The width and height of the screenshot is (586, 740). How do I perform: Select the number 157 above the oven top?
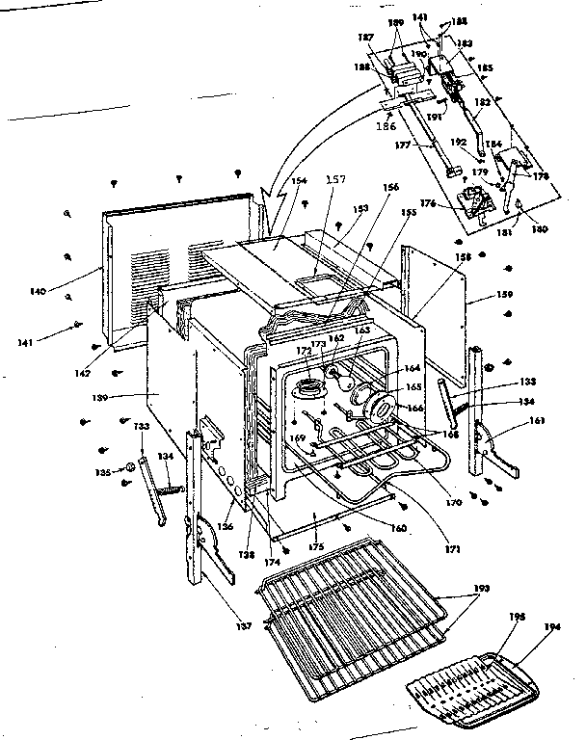pyautogui.click(x=334, y=181)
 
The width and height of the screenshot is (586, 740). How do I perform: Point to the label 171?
pyautogui.click(x=453, y=549)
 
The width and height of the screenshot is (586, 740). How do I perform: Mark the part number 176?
pyautogui.click(x=428, y=203)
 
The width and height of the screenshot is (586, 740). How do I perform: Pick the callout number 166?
pyautogui.click(x=416, y=408)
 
